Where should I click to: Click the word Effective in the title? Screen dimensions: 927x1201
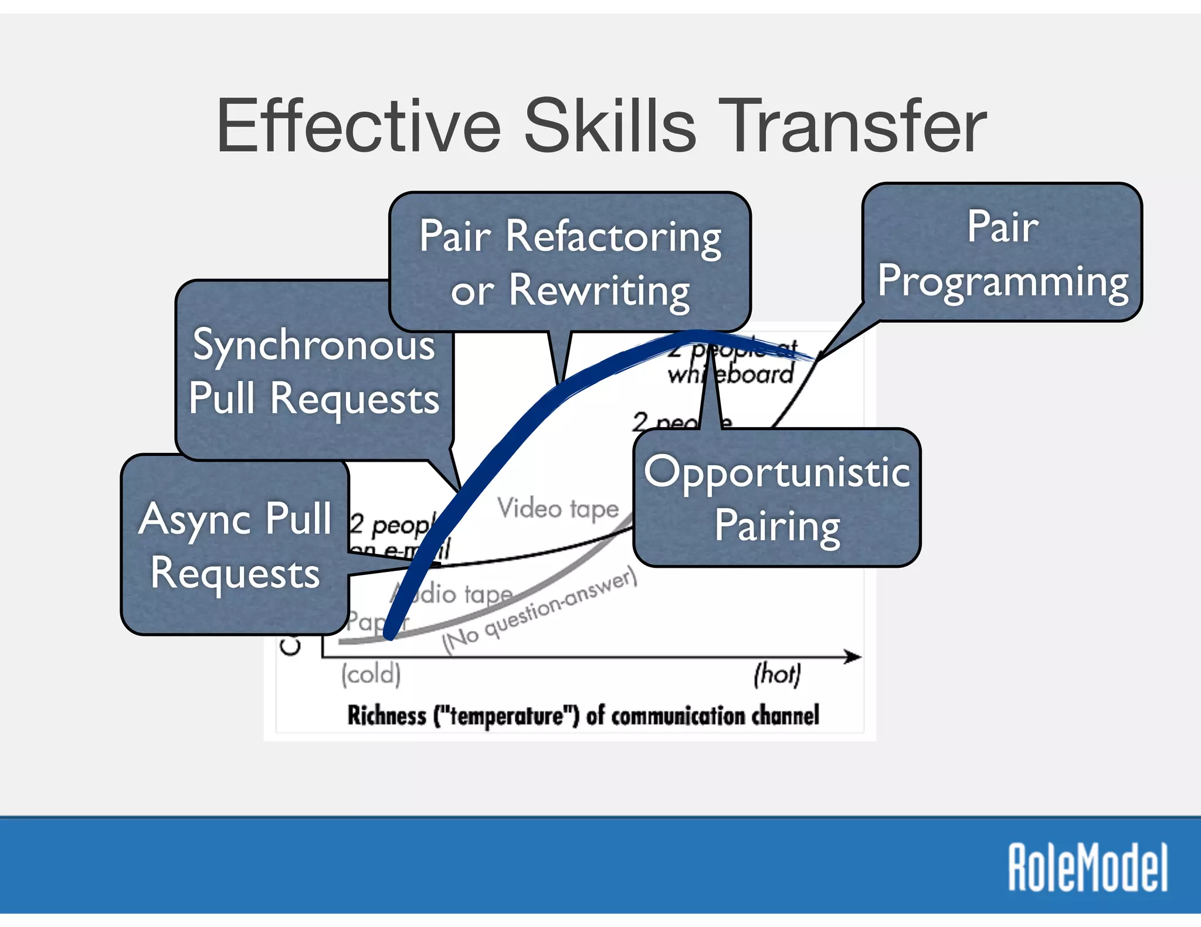point(358,126)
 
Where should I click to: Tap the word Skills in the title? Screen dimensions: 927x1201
point(610,126)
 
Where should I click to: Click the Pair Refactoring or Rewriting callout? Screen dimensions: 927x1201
point(570,262)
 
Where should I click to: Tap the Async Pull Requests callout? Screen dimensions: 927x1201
point(235,545)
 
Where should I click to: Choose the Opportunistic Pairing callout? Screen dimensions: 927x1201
point(777,498)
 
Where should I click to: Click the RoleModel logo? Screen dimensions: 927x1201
point(1088,867)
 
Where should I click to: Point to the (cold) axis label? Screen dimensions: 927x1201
point(371,674)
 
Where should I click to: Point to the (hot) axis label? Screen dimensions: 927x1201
point(777,674)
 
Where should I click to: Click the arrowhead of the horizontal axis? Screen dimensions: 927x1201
point(854,657)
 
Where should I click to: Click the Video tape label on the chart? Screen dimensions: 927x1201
point(558,508)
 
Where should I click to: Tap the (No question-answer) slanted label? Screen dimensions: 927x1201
point(540,611)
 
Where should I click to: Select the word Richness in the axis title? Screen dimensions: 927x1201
point(387,715)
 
